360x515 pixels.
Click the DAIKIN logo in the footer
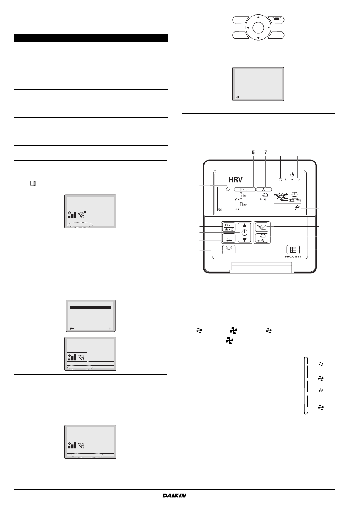tap(174, 495)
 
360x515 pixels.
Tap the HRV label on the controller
tap(236, 179)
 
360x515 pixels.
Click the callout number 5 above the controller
tap(253, 153)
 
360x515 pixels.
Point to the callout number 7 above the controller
tap(266, 153)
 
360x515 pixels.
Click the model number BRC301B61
tap(293, 257)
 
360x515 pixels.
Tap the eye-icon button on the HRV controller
tap(229, 250)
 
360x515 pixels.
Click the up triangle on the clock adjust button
tap(244, 226)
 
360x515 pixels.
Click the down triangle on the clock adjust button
tap(244, 240)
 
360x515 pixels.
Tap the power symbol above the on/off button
tap(292, 175)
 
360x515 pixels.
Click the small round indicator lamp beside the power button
tap(280, 179)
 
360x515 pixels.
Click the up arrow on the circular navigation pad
tap(258, 17)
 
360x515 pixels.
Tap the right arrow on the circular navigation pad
tap(269, 28)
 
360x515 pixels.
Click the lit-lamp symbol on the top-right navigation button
tap(275, 19)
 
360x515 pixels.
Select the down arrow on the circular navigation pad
tap(258, 38)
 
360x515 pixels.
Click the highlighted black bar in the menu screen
tap(90, 307)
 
